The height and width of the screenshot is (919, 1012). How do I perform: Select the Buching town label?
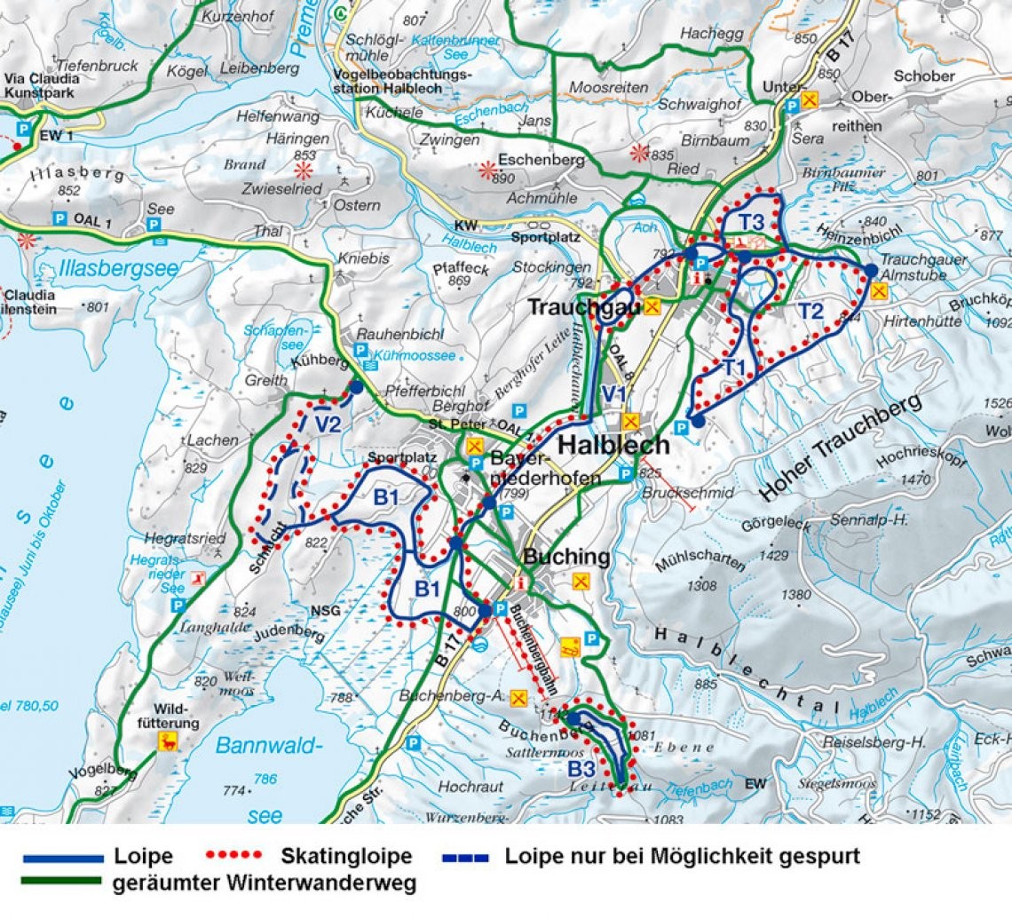566,558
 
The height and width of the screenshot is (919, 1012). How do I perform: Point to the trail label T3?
754,221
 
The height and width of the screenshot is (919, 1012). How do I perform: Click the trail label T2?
810,311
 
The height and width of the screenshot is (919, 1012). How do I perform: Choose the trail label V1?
613,393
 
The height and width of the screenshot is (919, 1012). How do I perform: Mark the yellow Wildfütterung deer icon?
167,741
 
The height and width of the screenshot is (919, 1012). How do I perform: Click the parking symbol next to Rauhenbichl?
361,351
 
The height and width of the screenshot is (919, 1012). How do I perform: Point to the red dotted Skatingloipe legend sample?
233,856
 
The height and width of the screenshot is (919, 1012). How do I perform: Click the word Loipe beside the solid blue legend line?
143,857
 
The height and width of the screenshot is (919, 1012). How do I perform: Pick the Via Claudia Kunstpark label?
42,84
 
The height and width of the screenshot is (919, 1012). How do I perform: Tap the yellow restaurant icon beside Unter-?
809,101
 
